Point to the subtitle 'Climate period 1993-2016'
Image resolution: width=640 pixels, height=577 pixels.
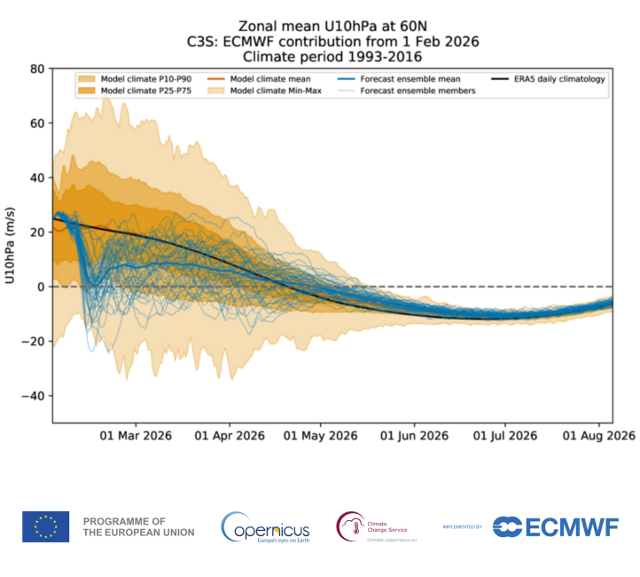pyautogui.click(x=332, y=56)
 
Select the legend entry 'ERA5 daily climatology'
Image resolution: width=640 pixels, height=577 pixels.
pyautogui.click(x=558, y=79)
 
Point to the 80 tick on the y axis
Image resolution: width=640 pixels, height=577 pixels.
pyautogui.click(x=37, y=68)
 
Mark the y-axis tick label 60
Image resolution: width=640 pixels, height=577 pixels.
pyautogui.click(x=37, y=123)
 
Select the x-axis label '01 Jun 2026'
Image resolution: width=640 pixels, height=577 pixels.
pyautogui.click(x=415, y=436)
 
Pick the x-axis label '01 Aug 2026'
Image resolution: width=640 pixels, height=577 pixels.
pyautogui.click(x=599, y=436)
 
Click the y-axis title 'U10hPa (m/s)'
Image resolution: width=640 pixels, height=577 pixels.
pyautogui.click(x=11, y=245)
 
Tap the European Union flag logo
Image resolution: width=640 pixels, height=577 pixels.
pyautogui.click(x=45, y=526)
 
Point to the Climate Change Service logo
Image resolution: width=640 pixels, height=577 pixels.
pyautogui.click(x=377, y=526)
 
